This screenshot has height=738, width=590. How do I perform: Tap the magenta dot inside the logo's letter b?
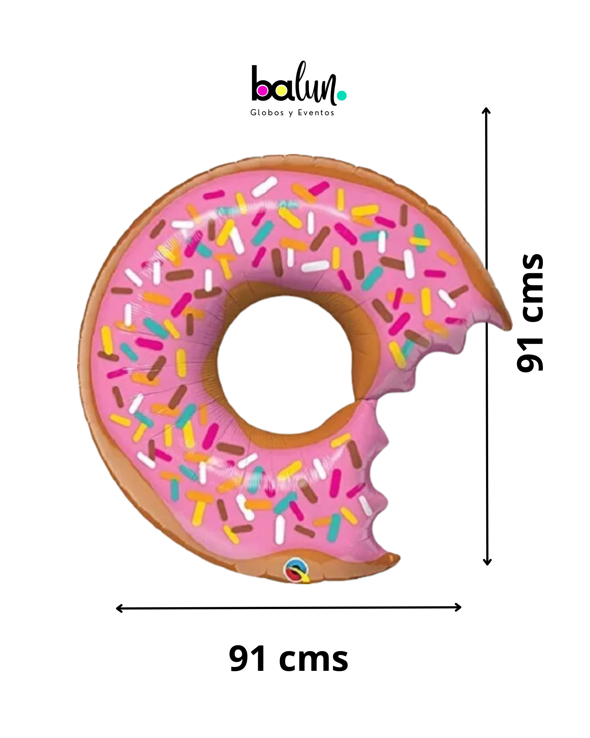pos(263,91)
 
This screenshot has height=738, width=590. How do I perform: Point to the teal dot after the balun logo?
pos(342,96)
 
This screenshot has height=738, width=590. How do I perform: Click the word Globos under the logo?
pos(267,113)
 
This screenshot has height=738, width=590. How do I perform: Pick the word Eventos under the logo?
pos(316,113)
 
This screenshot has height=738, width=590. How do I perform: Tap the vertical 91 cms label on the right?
pos(530,313)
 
